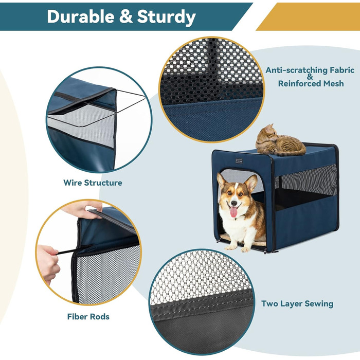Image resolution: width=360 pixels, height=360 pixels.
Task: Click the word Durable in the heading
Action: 80,16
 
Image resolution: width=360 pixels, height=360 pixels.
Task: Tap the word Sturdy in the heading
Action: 166,17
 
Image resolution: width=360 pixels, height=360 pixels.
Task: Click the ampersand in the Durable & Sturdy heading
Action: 125,16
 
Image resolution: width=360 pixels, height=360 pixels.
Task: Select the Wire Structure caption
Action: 93,183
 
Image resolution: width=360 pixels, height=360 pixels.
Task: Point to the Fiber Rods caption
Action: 88,317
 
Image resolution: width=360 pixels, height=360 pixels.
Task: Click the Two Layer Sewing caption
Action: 297,304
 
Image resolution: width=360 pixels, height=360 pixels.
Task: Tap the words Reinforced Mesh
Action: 311,83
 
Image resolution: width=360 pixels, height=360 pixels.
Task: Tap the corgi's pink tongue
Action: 233,212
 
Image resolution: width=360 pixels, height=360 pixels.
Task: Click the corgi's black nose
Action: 234,203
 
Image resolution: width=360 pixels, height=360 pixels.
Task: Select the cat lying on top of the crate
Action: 280,141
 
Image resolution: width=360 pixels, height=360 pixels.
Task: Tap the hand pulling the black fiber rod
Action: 47,263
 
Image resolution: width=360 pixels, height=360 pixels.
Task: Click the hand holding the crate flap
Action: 83,209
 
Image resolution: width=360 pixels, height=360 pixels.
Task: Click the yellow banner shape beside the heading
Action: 308,16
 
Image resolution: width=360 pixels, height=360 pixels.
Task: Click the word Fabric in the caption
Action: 342,70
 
